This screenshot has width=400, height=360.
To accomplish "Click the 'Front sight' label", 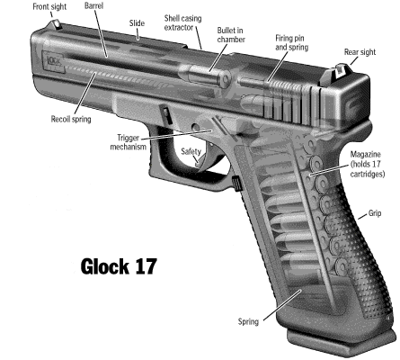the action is click(x=49, y=7).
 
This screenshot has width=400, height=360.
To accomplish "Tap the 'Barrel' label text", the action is click(x=93, y=5).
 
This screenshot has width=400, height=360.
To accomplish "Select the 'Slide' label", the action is click(x=137, y=23).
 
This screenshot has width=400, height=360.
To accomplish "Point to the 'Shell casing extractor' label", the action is click(x=182, y=22).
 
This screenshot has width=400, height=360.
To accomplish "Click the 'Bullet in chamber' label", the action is click(x=231, y=35).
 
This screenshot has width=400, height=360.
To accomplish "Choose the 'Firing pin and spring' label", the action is click(x=291, y=42).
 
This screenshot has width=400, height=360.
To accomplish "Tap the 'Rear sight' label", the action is click(x=360, y=52).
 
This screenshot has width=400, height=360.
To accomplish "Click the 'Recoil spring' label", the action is click(x=71, y=119).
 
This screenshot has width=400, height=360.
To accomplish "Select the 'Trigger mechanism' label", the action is click(x=129, y=142).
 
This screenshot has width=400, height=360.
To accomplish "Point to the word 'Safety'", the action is click(x=191, y=151).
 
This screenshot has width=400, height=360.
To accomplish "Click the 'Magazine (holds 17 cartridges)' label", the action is click(x=368, y=165).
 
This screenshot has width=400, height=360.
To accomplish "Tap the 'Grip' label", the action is click(x=375, y=213).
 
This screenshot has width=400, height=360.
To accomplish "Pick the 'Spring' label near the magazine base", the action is click(x=248, y=321).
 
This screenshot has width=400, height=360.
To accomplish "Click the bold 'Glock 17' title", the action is click(x=119, y=266).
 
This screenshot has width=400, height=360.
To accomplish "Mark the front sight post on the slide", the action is click(x=57, y=24).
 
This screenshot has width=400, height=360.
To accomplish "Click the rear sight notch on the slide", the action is click(x=340, y=70).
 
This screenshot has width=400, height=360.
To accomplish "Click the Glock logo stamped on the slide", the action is click(x=54, y=61).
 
